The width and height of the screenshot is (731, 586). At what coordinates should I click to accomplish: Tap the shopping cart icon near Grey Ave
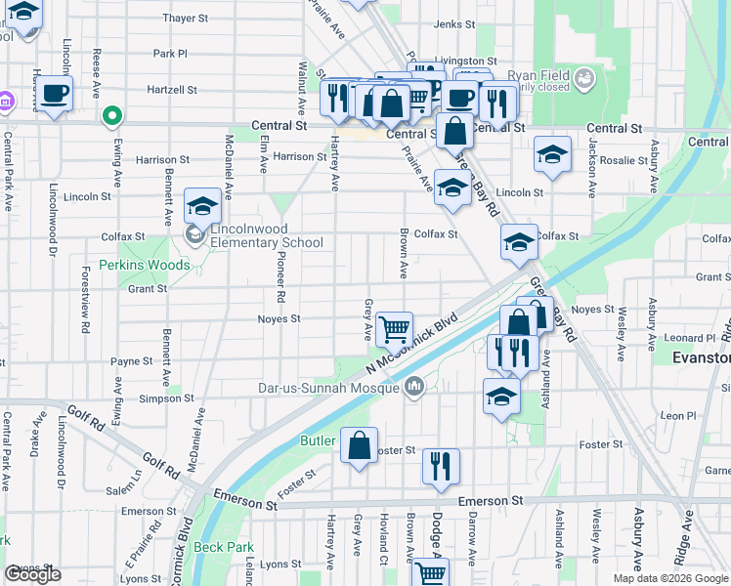pyautogui.click(x=394, y=331)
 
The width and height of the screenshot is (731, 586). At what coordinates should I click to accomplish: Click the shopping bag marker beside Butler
pyautogui.click(x=360, y=445)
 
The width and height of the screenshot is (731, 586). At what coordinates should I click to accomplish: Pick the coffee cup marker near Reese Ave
pyautogui.click(x=54, y=94)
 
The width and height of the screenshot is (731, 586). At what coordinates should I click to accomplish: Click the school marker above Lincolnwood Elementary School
pyautogui.click(x=203, y=205)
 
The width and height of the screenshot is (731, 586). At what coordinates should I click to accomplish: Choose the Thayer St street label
pyautogui.click(x=186, y=18)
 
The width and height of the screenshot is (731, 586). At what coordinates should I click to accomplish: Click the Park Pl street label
pyautogui.click(x=169, y=54)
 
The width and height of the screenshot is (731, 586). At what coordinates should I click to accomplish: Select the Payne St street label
pyautogui.click(x=132, y=360)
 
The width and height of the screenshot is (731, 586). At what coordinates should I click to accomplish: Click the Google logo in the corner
pyautogui.click(x=32, y=574)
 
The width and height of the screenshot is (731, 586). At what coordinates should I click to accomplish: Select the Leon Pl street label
pyautogui.click(x=676, y=415)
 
